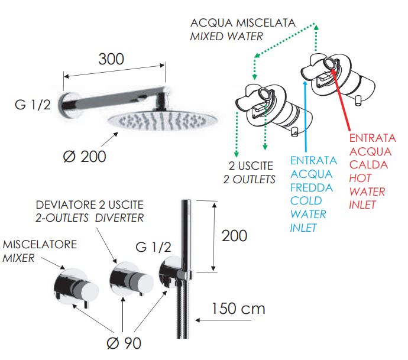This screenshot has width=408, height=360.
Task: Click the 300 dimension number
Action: pos(111,59)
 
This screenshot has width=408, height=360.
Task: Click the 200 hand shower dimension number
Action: pos(234,235)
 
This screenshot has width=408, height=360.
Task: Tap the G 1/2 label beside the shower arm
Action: pos(33,105)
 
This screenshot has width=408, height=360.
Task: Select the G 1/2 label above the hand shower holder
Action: pos(154,245)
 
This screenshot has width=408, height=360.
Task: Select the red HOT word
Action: pos(360,177)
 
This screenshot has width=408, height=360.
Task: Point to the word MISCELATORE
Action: pos(40,244)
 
